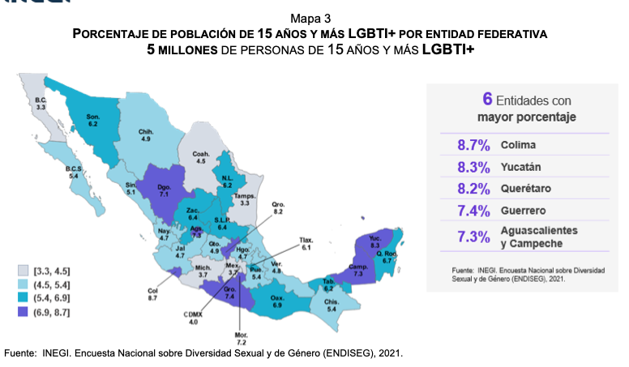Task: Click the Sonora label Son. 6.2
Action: (x=92, y=120)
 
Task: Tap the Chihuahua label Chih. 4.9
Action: (x=145, y=134)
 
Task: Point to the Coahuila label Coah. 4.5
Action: (x=202, y=156)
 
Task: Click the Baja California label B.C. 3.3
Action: (x=41, y=103)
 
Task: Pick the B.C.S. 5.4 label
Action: (x=75, y=172)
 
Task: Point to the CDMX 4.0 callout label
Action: (x=193, y=319)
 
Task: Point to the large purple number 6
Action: (x=487, y=100)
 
